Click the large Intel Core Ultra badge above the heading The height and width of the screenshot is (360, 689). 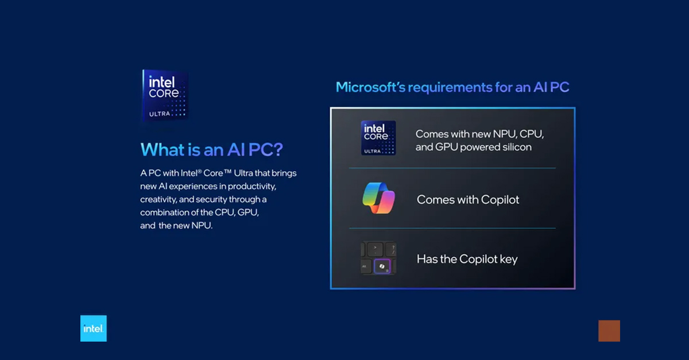tap(165, 95)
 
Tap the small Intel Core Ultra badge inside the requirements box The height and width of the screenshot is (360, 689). tap(378, 138)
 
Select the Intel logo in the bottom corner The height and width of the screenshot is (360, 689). tap(94, 328)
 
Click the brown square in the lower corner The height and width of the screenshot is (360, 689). tap(609, 331)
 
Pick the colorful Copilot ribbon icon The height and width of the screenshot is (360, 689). tap(378, 199)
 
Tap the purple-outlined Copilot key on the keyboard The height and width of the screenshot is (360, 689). tap(382, 266)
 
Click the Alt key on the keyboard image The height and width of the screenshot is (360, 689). tap(365, 267)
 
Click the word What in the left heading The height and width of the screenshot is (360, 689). tap(159, 150)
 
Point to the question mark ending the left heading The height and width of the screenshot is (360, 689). tap(278, 150)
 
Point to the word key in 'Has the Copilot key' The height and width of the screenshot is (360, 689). tap(508, 259)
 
